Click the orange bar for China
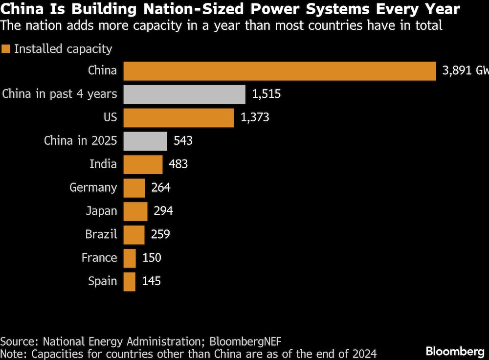click(x=279, y=71)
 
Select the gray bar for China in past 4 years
click(x=184, y=94)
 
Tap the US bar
click(x=178, y=118)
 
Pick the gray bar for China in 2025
click(x=145, y=141)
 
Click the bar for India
click(x=143, y=164)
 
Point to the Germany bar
click(x=134, y=188)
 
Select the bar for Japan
click(x=135, y=211)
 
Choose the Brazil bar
click(x=134, y=235)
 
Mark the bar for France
click(x=130, y=258)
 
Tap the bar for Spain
click(x=130, y=281)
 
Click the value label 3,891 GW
click(x=465, y=71)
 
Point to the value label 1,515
click(x=267, y=94)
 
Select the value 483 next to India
click(x=178, y=164)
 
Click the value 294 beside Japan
click(x=163, y=211)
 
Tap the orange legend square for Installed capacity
click(x=6, y=49)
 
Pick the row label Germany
click(x=93, y=188)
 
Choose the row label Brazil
click(x=101, y=235)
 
